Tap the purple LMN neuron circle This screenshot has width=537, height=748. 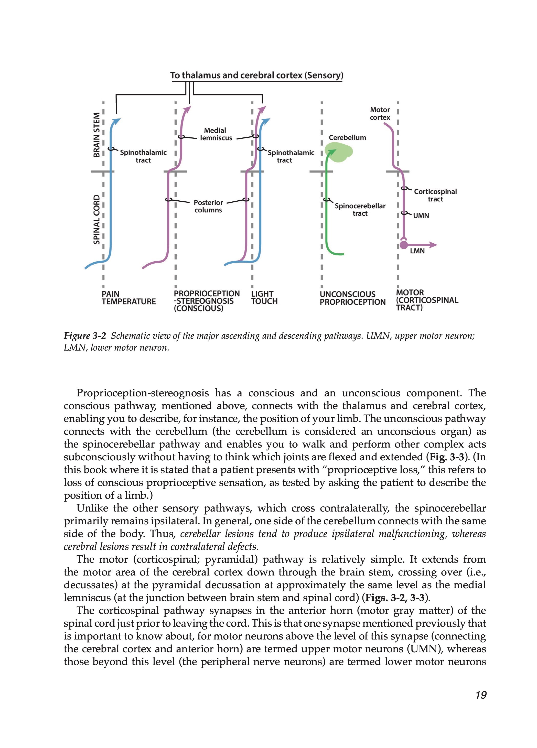coord(403,245)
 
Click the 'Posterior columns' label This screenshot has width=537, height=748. coord(208,206)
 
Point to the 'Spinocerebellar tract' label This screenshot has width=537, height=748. coord(360,209)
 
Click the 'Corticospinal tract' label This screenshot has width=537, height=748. coord(435,195)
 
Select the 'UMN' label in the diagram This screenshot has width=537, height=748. coord(421,216)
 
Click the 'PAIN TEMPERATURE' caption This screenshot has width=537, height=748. coord(128,297)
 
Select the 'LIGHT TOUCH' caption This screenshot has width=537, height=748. coord(264,297)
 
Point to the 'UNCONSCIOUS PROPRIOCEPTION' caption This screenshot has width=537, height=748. coord(352,298)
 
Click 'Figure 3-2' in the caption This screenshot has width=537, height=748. coord(85,336)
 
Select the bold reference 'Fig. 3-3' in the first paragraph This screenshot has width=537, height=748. coord(445,457)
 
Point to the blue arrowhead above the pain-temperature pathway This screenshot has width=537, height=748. coord(117,122)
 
